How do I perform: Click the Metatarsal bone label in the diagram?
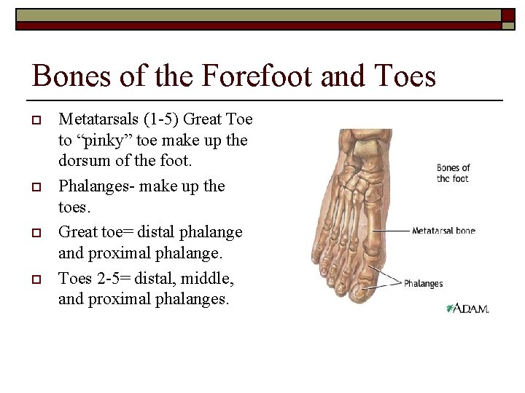(x=443, y=231)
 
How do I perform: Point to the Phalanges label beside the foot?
(x=423, y=284)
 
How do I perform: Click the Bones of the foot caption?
(x=453, y=173)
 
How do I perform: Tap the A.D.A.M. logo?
(x=467, y=308)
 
